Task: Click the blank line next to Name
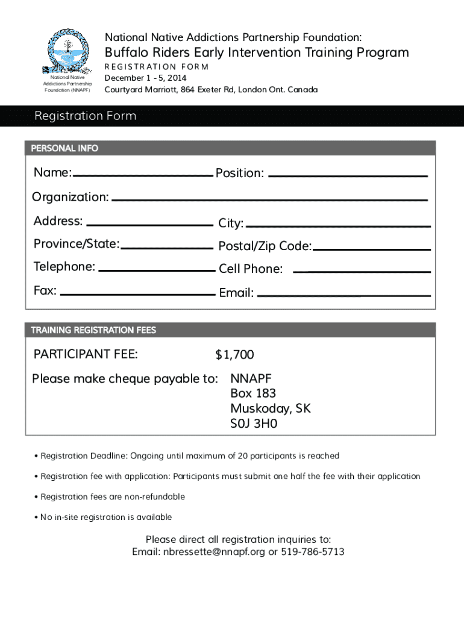coord(142,175)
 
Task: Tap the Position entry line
coord(347,175)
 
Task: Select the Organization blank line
coord(269,199)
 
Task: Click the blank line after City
coord(338,226)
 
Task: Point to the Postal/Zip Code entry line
coord(371,249)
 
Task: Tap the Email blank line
coord(343,296)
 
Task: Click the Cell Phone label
coord(251,269)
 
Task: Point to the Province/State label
coord(77,244)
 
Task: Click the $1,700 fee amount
coord(235,355)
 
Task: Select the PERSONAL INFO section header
coord(65,148)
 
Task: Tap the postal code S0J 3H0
coord(254,424)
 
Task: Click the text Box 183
coord(253,393)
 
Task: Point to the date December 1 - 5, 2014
coord(145,78)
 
